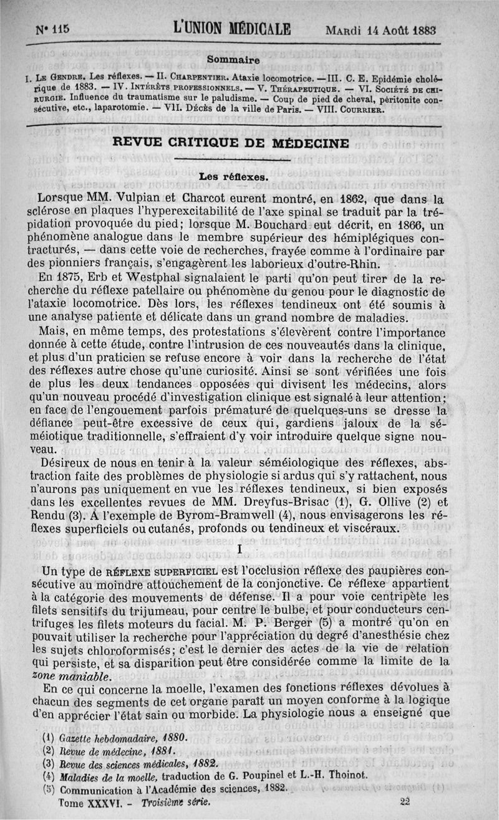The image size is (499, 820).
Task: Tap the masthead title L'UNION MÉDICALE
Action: point(233,29)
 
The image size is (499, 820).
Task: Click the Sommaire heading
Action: point(233,60)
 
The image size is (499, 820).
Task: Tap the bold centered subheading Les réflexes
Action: point(233,176)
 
